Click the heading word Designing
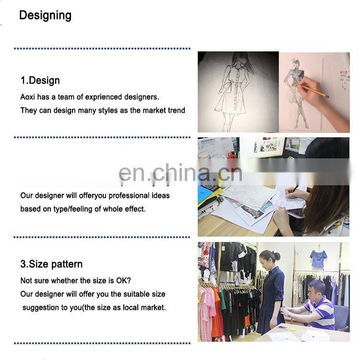[x=45, y=15]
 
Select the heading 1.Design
[x=40, y=80]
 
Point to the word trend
[x=176, y=110]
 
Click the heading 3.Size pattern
[x=51, y=264]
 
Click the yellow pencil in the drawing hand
[x=314, y=90]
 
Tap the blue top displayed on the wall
[x=318, y=259]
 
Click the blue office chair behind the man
[x=341, y=317]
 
